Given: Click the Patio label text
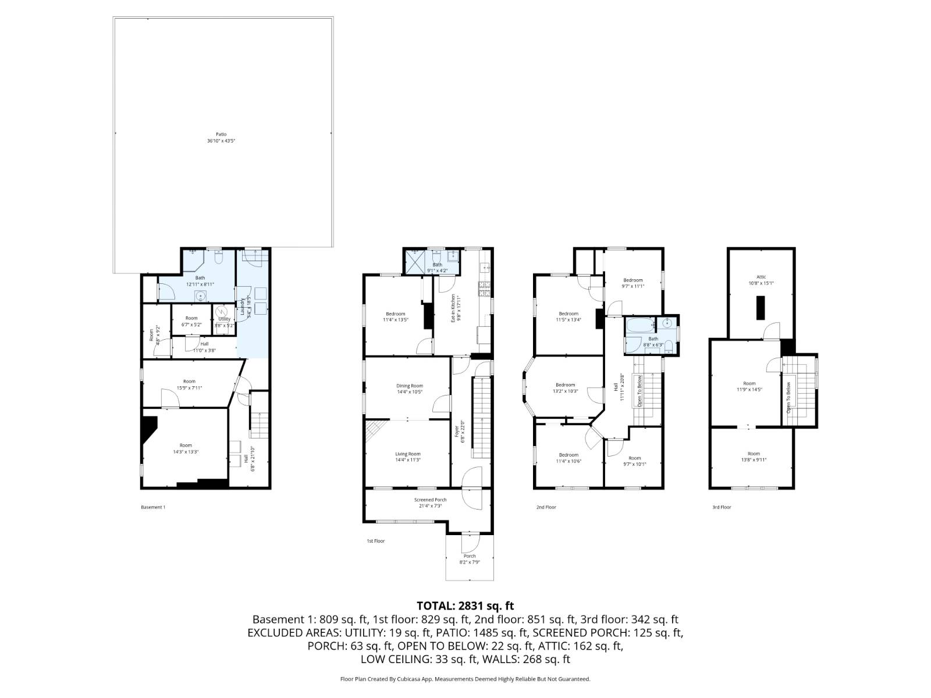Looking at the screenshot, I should pyautogui.click(x=221, y=137).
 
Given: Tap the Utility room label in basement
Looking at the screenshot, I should pyautogui.click(x=224, y=319).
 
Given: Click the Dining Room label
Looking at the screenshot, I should pyautogui.click(x=410, y=389).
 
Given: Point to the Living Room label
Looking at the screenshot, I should pyautogui.click(x=408, y=457).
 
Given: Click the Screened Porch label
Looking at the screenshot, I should pyautogui.click(x=430, y=503).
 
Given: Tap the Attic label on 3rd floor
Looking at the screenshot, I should pyautogui.click(x=761, y=280).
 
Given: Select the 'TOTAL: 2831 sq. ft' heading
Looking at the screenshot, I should pyautogui.click(x=465, y=606).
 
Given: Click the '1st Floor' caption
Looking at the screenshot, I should pyautogui.click(x=375, y=541).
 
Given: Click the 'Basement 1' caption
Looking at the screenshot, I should pyautogui.click(x=153, y=507).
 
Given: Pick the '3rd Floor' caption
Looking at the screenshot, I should pyautogui.click(x=722, y=507).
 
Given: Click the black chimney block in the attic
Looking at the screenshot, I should pyautogui.click(x=761, y=308).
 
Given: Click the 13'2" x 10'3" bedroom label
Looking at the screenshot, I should pyautogui.click(x=565, y=388).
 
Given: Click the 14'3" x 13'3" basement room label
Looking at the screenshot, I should pyautogui.click(x=186, y=448).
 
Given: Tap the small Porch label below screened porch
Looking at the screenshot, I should pyautogui.click(x=469, y=559).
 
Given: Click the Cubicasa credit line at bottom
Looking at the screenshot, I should pyautogui.click(x=465, y=679).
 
